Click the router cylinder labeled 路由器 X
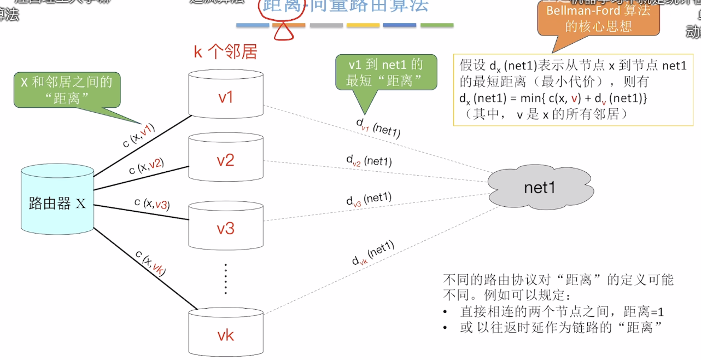coord(57,204)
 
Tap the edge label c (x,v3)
coord(152,204)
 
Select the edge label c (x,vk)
coord(151,264)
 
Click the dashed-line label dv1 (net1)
coord(378,127)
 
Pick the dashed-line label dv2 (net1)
coord(369,161)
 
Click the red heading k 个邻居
coord(225,52)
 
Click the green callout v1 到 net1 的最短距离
coord(385,72)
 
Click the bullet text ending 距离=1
coord(562,312)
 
